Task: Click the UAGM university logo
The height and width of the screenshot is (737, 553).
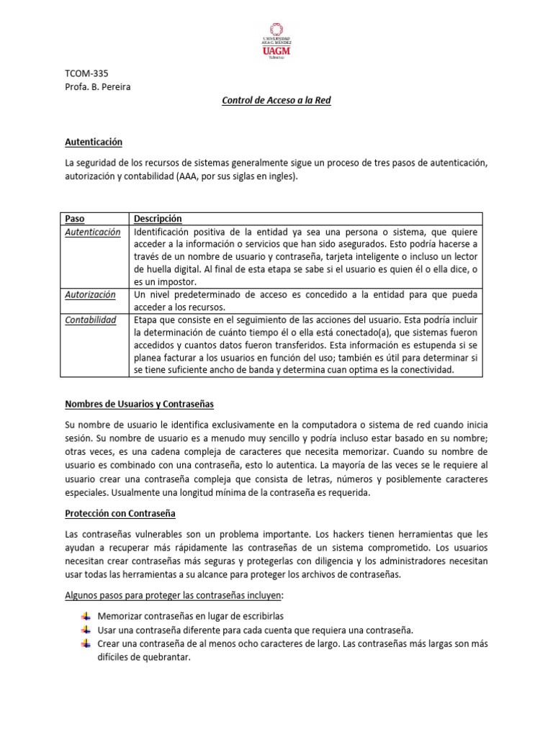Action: (x=276, y=42)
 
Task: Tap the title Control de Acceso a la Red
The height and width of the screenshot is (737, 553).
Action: (x=276, y=101)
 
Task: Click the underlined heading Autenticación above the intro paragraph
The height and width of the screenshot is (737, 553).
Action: (x=94, y=143)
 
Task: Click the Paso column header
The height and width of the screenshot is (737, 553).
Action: (x=75, y=219)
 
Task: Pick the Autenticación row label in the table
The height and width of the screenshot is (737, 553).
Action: (x=93, y=232)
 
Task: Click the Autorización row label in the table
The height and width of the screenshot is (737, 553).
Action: (x=90, y=295)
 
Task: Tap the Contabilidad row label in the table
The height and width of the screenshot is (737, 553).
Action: (x=91, y=320)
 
